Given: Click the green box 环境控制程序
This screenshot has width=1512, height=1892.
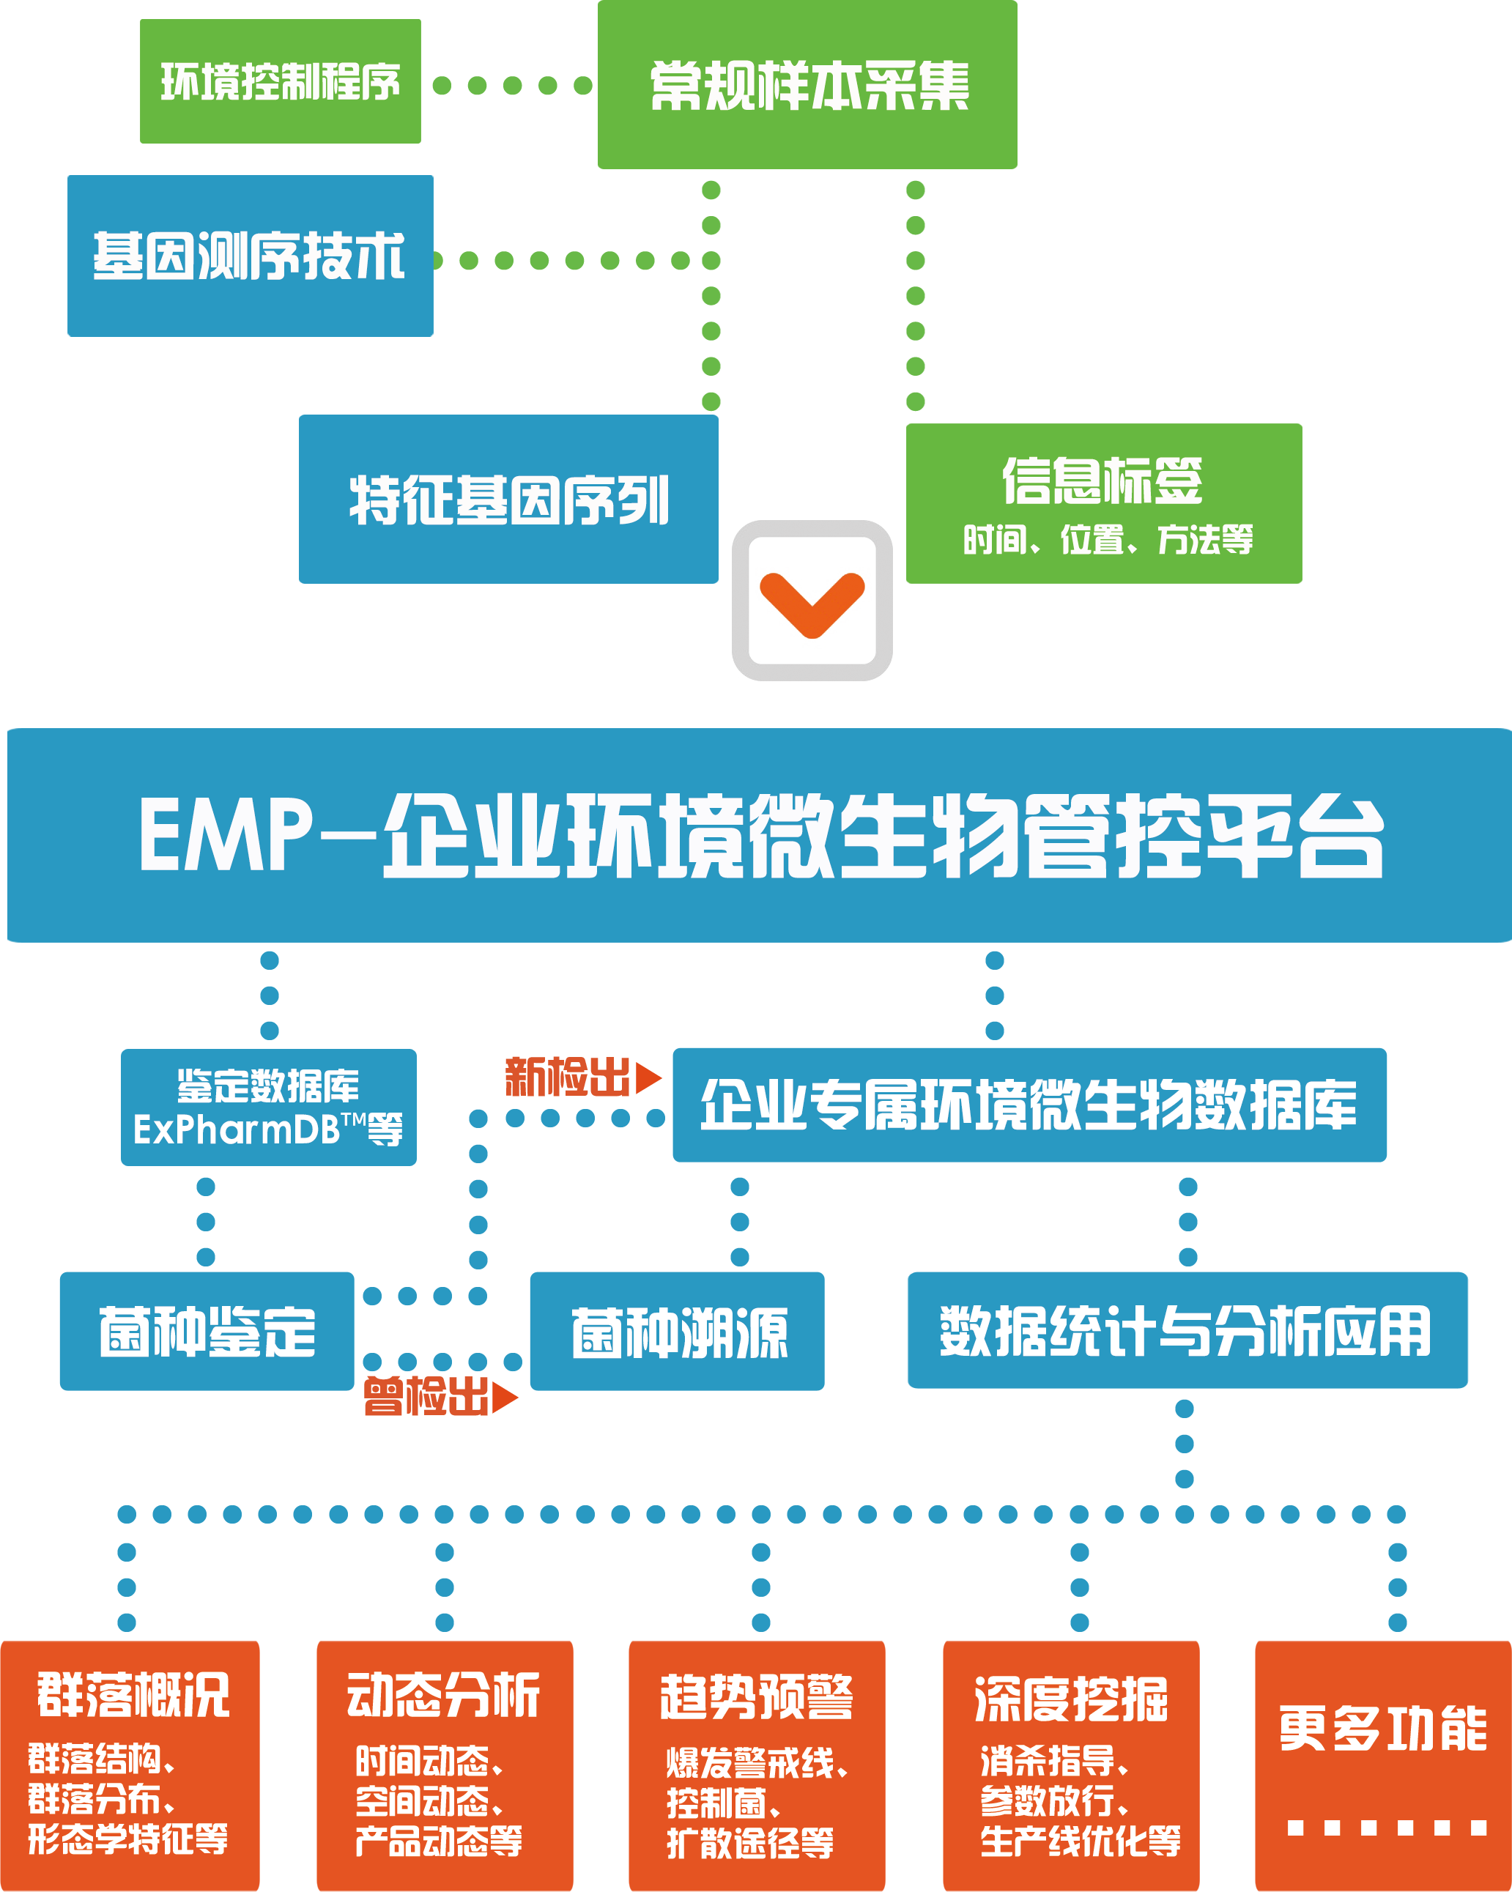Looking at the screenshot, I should click(x=280, y=81).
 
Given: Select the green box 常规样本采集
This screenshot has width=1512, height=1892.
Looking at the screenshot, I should click(x=807, y=85).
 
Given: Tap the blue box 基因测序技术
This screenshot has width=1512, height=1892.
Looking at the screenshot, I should click(x=250, y=256).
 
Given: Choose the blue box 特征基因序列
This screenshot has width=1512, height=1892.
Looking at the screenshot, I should click(x=508, y=500).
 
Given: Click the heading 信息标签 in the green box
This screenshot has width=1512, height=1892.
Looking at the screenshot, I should click(x=1102, y=481).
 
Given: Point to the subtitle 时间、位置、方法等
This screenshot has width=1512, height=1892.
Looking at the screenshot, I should click(x=1108, y=540).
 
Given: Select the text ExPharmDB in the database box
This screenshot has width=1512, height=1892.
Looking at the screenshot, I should click(x=236, y=1130).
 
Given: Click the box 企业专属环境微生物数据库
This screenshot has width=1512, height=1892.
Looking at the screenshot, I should click(x=1029, y=1105).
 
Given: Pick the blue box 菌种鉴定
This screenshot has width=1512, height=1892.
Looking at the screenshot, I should click(x=207, y=1331).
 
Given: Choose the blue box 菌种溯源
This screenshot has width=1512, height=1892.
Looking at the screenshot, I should click(x=678, y=1331).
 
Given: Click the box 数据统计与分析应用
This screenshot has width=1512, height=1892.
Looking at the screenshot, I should click(x=1187, y=1330).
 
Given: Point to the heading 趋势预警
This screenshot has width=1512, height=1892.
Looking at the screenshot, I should click(x=757, y=1698).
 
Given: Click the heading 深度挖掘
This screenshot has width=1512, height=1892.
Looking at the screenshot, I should click(x=1070, y=1699).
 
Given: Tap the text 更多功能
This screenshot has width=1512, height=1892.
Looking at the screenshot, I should click(x=1382, y=1728).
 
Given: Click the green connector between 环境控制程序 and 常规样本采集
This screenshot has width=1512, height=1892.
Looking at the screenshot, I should click(x=511, y=85).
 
